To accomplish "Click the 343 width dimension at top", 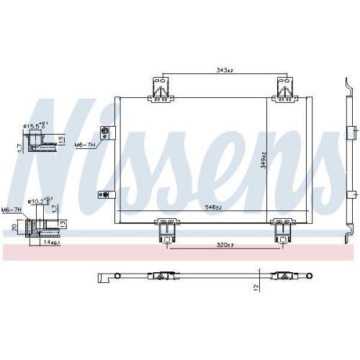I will click(225, 71).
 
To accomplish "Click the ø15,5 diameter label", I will click(35, 127).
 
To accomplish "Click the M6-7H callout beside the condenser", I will click(86, 143).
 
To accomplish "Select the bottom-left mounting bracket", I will click(166, 230).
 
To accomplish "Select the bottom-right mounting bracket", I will click(282, 230).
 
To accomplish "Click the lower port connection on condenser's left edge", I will click(103, 194).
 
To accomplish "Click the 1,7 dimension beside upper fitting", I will click(16, 148).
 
